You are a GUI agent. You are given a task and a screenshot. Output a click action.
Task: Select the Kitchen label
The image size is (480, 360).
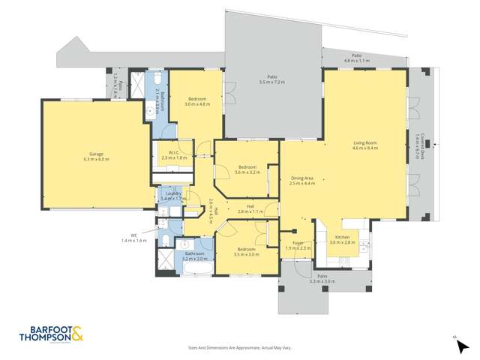[x=341, y=238]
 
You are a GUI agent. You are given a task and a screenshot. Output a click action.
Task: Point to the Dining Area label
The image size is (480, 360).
[x=302, y=178]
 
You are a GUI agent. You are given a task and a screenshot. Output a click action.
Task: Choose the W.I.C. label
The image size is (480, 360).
[x=173, y=153]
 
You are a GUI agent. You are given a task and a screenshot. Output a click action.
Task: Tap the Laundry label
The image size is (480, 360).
[x=173, y=193]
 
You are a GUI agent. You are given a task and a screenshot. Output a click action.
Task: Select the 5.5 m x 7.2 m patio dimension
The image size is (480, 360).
[x=272, y=81]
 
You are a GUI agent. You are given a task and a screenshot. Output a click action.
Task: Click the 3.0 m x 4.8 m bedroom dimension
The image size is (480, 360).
[x=197, y=104]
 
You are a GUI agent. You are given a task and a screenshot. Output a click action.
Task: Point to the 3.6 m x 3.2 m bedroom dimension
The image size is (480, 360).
[x=247, y=172]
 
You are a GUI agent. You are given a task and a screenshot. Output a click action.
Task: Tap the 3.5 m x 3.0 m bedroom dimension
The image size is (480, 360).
[x=246, y=254]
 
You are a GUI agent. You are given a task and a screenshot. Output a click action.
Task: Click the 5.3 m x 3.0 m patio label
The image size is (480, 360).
[x=322, y=281]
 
